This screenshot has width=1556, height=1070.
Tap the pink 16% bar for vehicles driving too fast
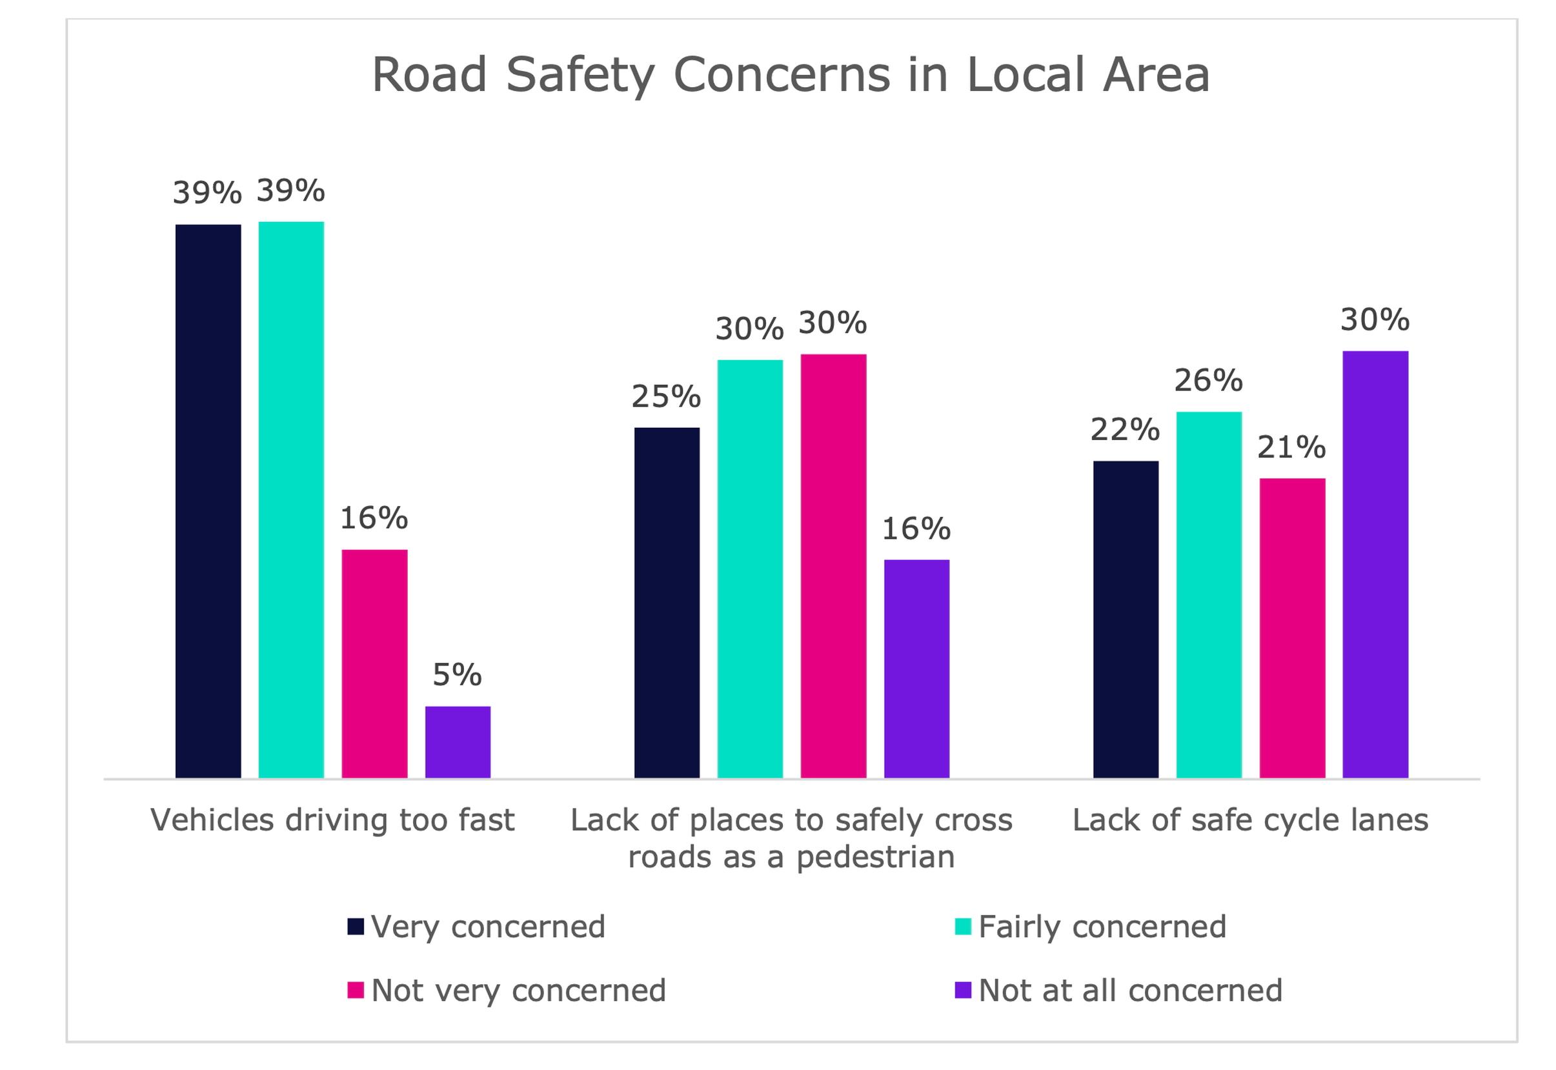(x=374, y=663)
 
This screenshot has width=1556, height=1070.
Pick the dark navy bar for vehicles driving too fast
(x=208, y=501)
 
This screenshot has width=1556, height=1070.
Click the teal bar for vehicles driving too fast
(x=291, y=500)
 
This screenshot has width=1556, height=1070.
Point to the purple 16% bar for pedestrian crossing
(x=916, y=669)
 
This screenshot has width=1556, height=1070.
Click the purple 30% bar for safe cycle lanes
(x=1375, y=564)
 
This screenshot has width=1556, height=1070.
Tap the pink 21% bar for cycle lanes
(x=1292, y=627)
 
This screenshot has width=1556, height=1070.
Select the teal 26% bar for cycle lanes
(x=1209, y=594)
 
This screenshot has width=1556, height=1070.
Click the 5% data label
(x=457, y=675)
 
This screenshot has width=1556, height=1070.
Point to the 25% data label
(x=666, y=397)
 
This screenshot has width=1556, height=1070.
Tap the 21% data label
(x=1291, y=447)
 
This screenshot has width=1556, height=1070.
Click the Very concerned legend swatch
(x=356, y=927)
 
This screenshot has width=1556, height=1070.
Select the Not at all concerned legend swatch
(x=963, y=990)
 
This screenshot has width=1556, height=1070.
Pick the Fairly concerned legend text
(x=1102, y=927)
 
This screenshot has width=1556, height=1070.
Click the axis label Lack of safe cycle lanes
(x=1250, y=820)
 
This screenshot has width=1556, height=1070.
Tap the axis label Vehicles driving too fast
(x=332, y=820)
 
